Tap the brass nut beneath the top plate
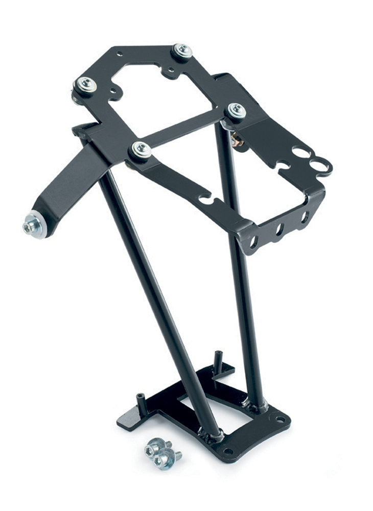pos(237,140)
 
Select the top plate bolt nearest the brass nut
pos(236,110)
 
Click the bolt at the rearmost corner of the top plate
pos(182,51)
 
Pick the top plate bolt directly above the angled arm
pos(85,84)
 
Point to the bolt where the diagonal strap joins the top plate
pos(141,150)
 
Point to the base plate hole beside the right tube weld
pos(280,420)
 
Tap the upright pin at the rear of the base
pos(218,357)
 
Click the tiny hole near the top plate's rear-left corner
pos(120,53)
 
